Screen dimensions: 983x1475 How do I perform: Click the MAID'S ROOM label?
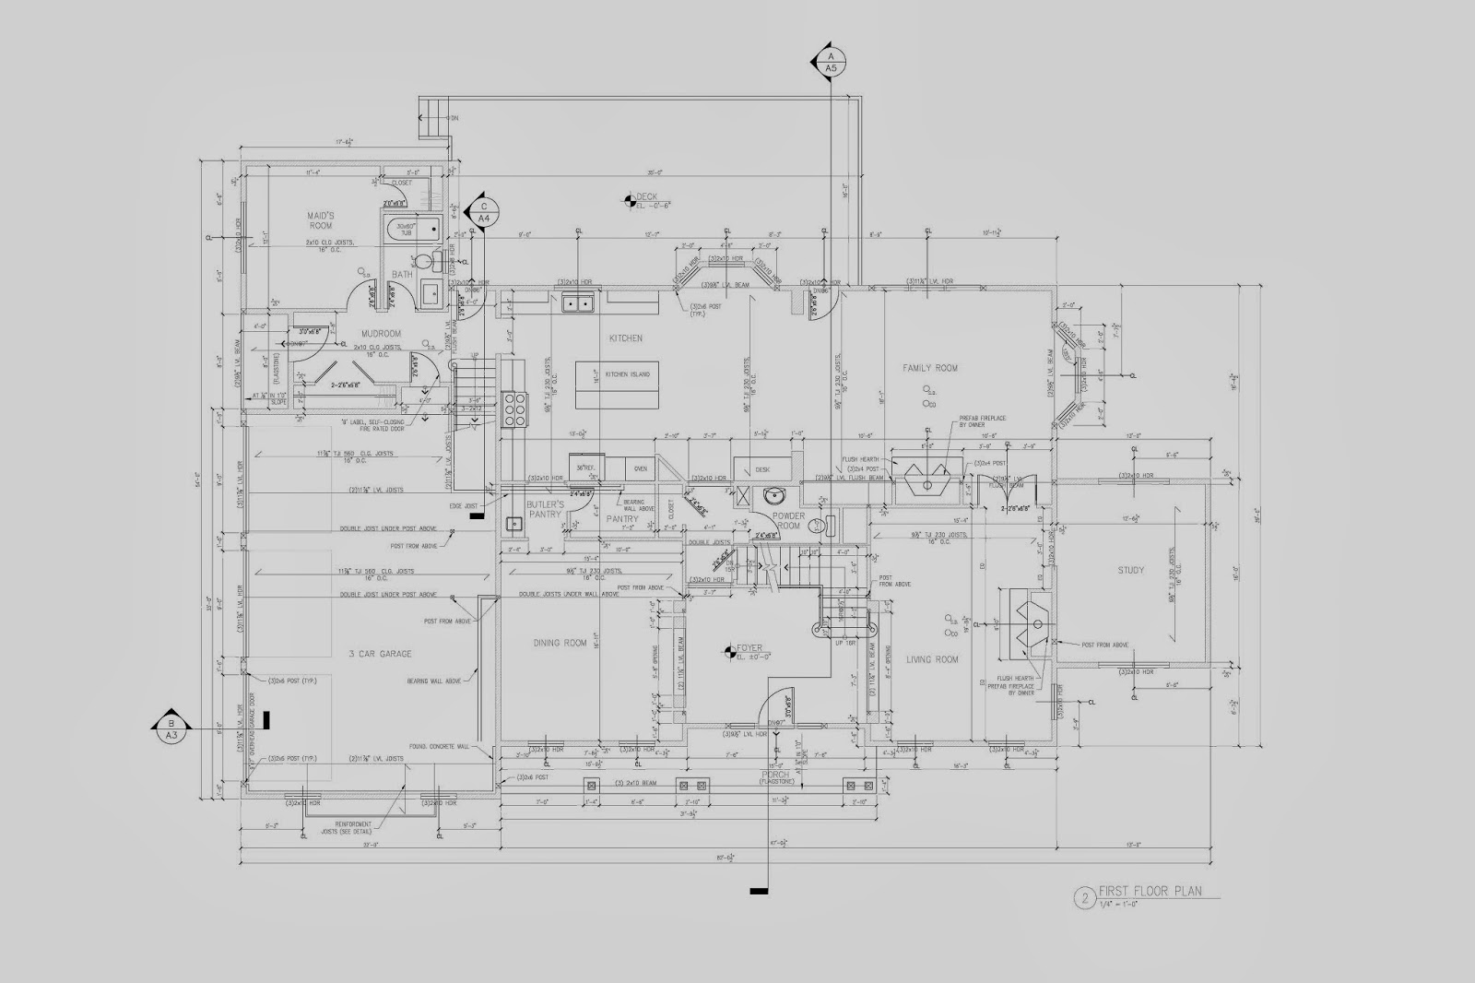320,219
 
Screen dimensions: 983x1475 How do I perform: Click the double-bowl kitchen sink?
579,302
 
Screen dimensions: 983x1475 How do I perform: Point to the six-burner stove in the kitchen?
513,409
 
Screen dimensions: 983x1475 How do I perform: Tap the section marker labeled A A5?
831,62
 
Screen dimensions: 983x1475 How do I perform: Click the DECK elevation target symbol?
629,197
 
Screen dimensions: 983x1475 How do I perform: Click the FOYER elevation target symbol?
731,652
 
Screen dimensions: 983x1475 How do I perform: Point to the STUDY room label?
1130,570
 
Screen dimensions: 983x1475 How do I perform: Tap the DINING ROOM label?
560,643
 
